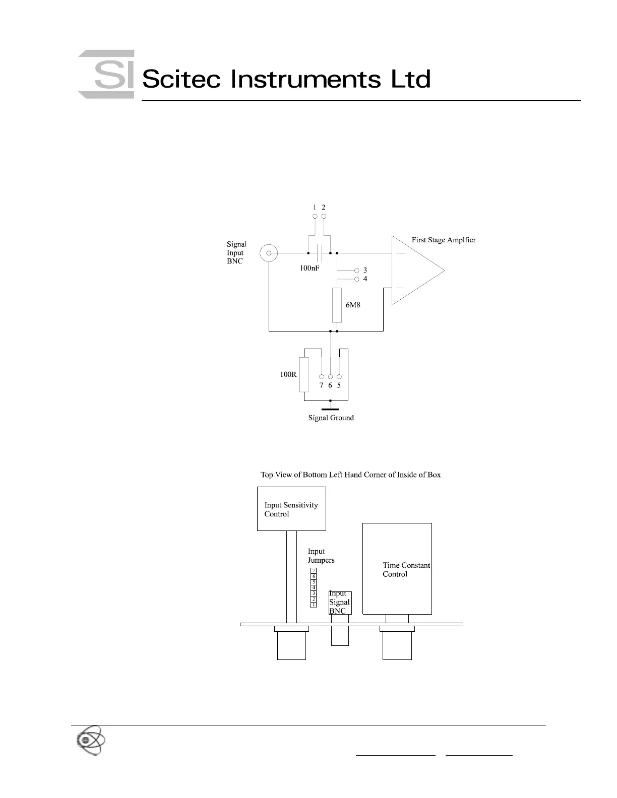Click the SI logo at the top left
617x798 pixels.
point(106,75)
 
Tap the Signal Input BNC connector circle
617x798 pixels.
point(269,252)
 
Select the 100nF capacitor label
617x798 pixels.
point(310,269)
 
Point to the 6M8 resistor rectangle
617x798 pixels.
point(337,305)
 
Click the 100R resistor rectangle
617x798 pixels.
point(304,374)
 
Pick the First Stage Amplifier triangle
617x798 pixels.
point(416,270)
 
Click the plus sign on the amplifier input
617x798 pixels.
point(401,253)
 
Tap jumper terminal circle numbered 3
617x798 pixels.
point(357,271)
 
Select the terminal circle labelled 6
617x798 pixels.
point(330,376)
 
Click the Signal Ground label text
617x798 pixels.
point(331,418)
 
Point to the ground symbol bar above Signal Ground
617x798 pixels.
point(330,410)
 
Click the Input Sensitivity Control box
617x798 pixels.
point(291,509)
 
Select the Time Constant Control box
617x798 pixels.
point(397,568)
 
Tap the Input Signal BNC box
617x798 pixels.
point(340,603)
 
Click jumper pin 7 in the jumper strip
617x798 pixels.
point(314,570)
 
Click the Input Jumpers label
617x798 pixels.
point(321,556)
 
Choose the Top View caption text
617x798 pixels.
point(350,475)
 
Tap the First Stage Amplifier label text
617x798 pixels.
point(444,240)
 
